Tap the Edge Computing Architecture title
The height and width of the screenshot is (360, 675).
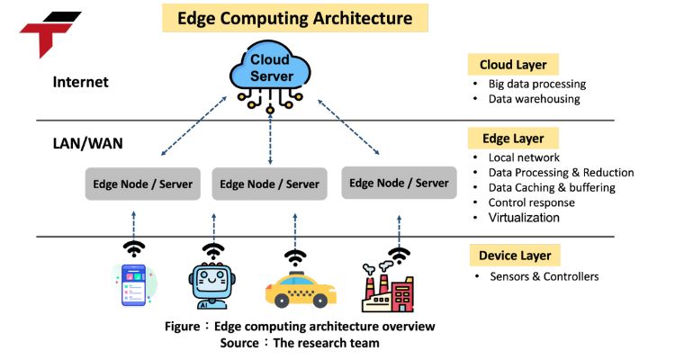pyautogui.click(x=282, y=18)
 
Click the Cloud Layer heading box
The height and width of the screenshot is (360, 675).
pyautogui.click(x=513, y=65)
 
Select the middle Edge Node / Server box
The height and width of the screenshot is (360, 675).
pyautogui.click(x=270, y=184)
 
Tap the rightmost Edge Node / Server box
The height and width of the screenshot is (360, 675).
pyautogui.click(x=399, y=183)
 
